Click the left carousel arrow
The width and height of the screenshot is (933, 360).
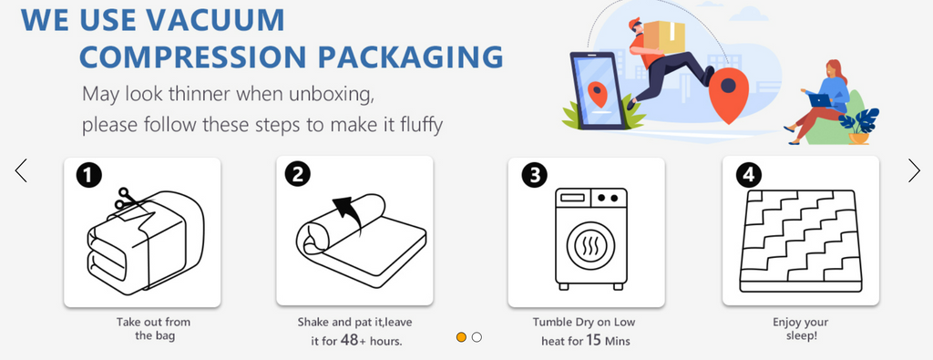click(x=21, y=170)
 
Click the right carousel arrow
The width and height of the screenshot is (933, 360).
click(x=914, y=170)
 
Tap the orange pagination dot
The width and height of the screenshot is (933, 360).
click(x=461, y=337)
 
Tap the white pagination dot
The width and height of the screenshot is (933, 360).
click(x=477, y=337)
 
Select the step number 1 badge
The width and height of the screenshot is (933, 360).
click(x=89, y=176)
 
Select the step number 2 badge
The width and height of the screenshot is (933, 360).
click(x=298, y=174)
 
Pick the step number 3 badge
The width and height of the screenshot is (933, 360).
click(x=534, y=175)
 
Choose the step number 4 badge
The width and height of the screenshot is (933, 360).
click(x=749, y=175)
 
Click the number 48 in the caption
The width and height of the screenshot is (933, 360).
click(x=348, y=340)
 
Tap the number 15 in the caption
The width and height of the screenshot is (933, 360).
click(x=593, y=341)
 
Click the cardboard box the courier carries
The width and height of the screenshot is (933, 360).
click(x=661, y=36)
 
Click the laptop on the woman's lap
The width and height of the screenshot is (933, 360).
click(x=820, y=100)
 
